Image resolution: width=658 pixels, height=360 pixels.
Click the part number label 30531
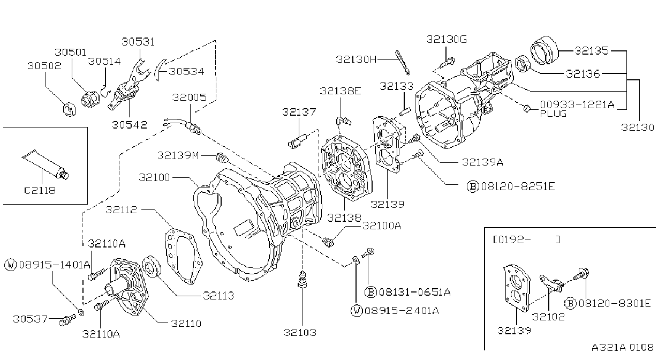(x=138, y=42)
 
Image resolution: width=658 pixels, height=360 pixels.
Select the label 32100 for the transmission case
(x=154, y=177)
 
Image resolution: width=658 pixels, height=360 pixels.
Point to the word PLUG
(x=553, y=114)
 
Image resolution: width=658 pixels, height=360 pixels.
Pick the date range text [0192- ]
(x=526, y=239)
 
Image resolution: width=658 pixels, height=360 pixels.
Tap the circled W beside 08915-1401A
(x=11, y=265)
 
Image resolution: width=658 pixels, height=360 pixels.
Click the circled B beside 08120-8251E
(x=473, y=186)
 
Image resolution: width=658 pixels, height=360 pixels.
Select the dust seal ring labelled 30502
(x=70, y=109)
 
